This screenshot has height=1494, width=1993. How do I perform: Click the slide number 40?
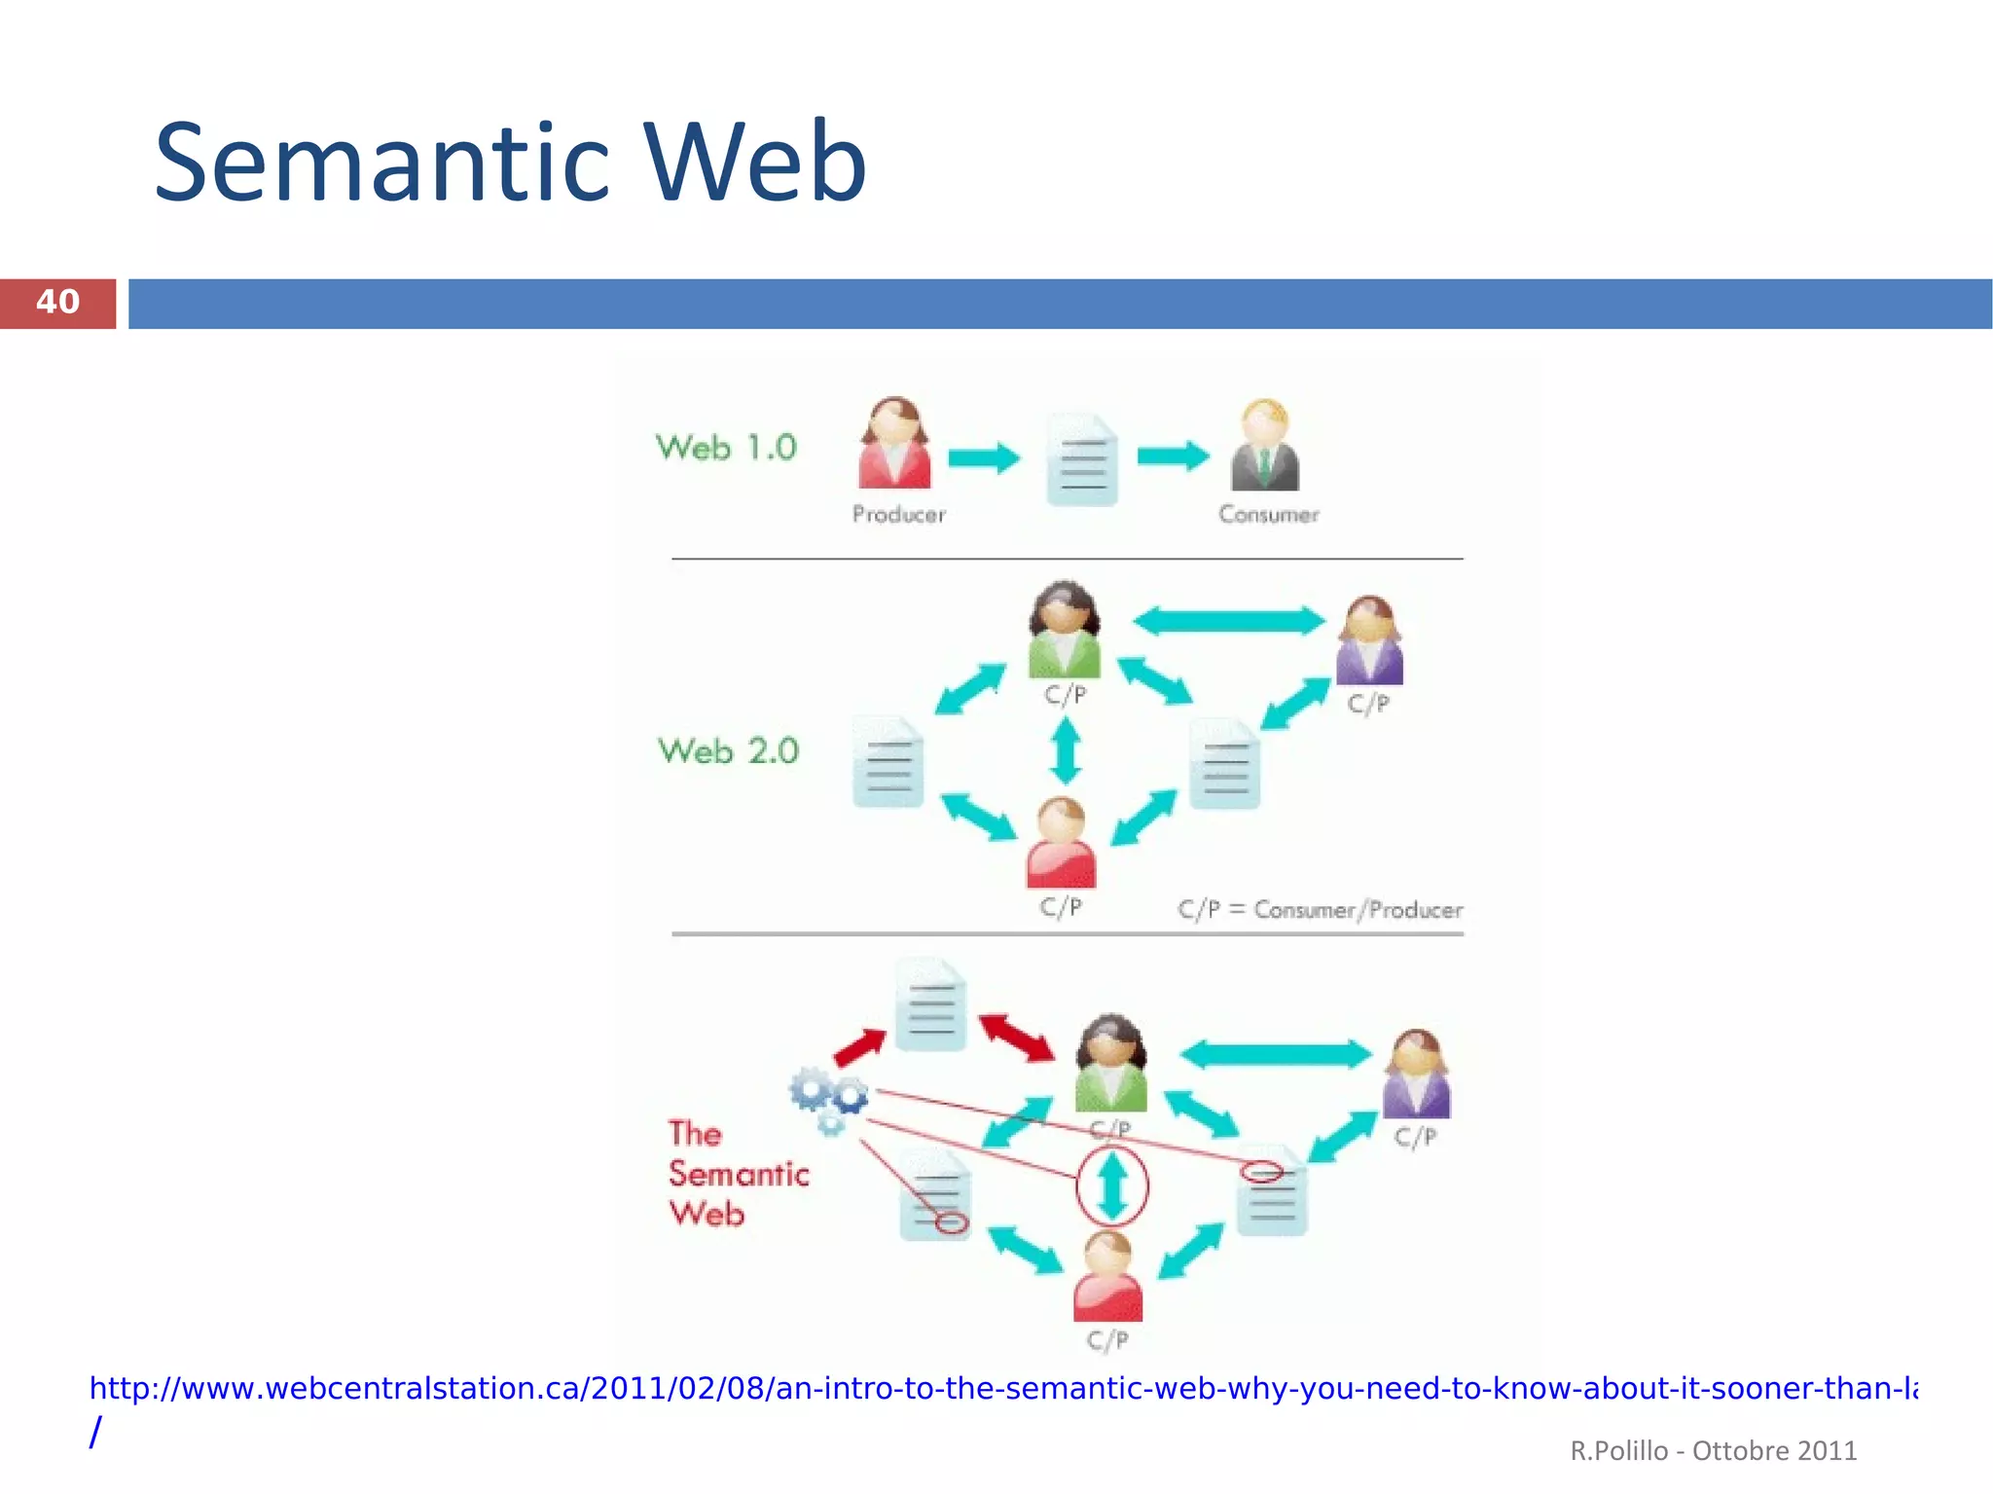pos(57,303)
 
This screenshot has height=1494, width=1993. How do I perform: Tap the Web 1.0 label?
pos(726,448)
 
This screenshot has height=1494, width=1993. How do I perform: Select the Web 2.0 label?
pos(728,751)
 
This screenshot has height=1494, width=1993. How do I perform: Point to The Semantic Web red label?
pos(737,1174)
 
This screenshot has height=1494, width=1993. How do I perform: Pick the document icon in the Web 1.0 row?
pos(1082,459)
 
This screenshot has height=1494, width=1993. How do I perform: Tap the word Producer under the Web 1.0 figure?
pos(898,515)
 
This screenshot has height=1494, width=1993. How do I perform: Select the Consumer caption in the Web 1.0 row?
pos(1268,515)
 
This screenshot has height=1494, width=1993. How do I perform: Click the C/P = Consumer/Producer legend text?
pos(1320,910)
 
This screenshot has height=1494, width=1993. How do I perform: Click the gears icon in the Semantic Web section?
pos(829,1099)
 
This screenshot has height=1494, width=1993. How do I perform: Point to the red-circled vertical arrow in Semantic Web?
pos(1112,1185)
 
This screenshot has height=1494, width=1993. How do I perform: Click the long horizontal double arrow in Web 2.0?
pos(1229,620)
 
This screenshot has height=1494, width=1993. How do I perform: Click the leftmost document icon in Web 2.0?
pos(888,762)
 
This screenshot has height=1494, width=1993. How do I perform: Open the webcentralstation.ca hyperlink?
pos(1002,1389)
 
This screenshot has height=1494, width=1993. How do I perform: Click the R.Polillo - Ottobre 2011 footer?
pos(1713,1451)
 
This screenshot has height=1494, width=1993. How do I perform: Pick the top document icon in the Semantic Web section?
pos(931,1004)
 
